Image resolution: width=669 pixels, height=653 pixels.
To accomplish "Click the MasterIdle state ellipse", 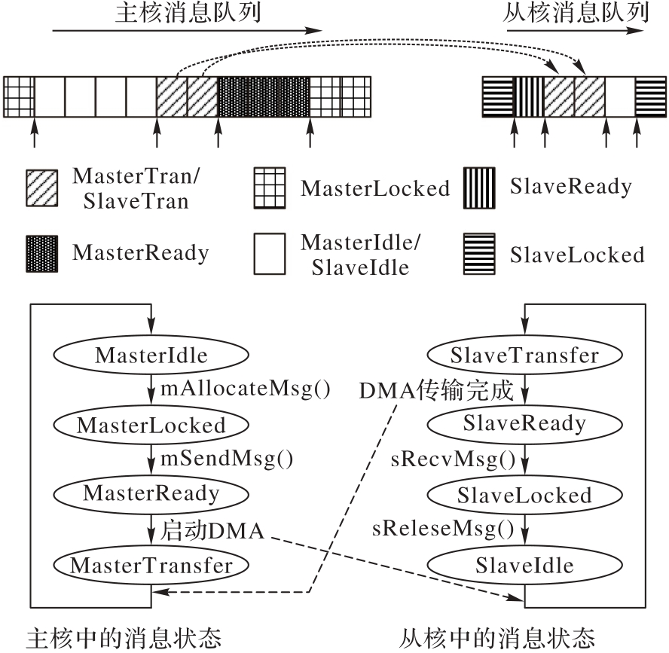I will [151, 355].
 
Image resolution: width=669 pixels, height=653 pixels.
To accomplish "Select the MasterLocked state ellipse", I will [151, 425].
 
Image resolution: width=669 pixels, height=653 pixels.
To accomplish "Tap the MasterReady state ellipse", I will [151, 493].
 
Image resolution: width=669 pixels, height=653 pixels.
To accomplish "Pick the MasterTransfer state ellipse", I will [151, 566].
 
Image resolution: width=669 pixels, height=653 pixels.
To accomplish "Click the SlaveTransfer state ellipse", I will [524, 355].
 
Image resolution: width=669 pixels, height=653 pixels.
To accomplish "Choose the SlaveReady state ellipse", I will [524, 423].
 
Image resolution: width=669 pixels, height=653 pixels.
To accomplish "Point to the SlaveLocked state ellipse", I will [524, 495].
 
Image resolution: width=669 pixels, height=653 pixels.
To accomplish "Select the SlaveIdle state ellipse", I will [524, 566].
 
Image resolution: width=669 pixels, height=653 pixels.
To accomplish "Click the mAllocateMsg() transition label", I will [246, 390].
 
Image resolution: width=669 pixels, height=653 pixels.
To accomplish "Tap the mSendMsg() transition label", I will [226, 459].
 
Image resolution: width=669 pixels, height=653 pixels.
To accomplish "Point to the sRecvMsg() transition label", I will [453, 459].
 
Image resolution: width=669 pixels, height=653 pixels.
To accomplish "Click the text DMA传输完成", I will [436, 391].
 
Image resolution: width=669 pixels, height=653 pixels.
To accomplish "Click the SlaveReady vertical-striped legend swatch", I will [479, 187].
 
